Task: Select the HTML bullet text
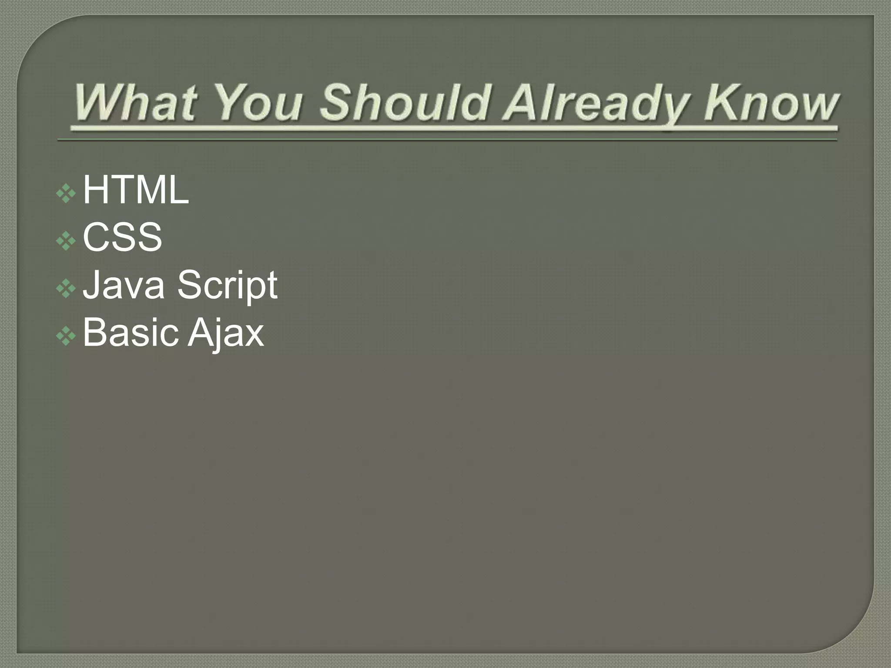[136, 190]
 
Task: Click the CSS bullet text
[122, 237]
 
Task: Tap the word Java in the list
[124, 285]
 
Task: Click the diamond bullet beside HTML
[66, 193]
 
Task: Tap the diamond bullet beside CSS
[66, 240]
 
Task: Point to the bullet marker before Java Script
[66, 288]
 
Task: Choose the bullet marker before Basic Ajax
[66, 336]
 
